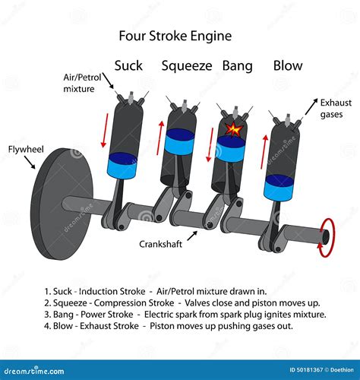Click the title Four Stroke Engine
[175, 36]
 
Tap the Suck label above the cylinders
[128, 65]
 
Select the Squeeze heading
[187, 66]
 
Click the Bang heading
[237, 65]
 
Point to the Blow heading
[289, 65]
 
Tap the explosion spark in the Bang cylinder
[235, 131]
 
